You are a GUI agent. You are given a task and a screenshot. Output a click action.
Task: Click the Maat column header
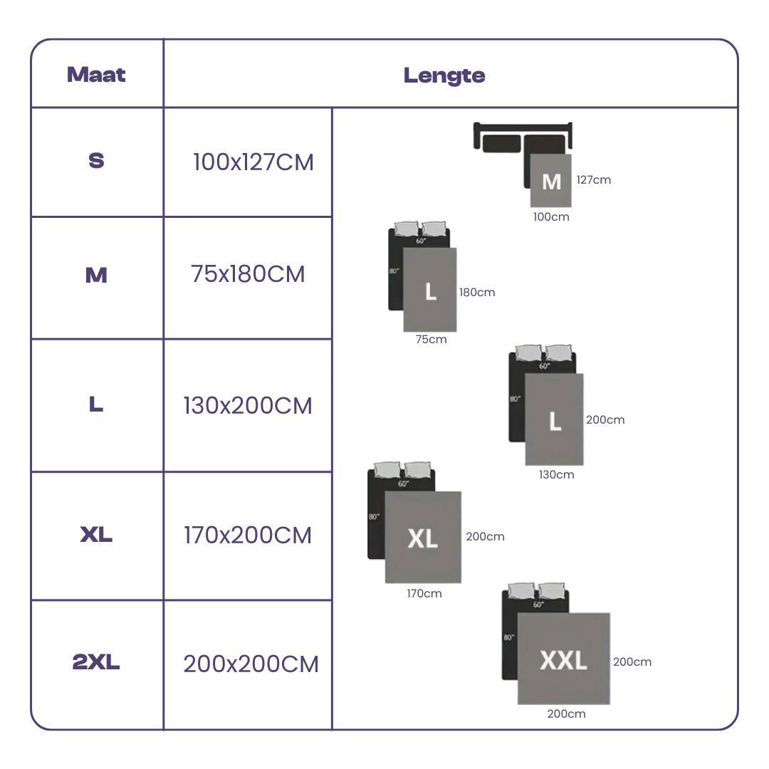click(x=96, y=75)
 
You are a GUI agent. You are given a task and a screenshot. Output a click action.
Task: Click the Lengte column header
click(x=444, y=75)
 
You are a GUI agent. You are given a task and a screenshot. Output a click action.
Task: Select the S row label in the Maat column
click(x=96, y=161)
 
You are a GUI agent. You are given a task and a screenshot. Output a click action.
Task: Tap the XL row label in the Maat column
click(x=96, y=535)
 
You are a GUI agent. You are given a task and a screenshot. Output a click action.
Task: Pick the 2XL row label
click(x=96, y=663)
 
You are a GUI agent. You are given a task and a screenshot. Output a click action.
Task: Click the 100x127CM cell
click(x=253, y=162)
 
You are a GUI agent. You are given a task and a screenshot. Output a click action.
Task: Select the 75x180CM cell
click(x=248, y=274)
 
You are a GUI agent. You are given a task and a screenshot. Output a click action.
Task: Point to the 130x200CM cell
click(x=248, y=406)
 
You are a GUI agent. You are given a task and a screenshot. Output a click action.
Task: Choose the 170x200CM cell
click(x=248, y=535)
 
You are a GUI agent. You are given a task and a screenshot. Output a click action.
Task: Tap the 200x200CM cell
click(x=251, y=664)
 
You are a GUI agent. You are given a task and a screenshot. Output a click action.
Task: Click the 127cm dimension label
click(x=594, y=180)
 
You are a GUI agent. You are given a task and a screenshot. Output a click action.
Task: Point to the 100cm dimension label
click(x=551, y=217)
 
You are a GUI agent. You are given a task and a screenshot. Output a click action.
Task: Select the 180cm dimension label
click(x=477, y=293)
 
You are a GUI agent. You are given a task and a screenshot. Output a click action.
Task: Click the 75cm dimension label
click(x=431, y=340)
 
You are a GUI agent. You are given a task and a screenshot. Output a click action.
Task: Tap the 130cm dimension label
click(x=556, y=475)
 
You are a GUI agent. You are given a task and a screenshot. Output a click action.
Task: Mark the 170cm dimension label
click(x=424, y=594)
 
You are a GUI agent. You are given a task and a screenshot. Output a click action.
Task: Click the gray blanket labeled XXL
click(x=563, y=659)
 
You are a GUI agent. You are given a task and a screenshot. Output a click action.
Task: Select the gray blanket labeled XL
click(x=423, y=538)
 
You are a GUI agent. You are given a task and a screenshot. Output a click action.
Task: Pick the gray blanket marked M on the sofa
click(x=551, y=182)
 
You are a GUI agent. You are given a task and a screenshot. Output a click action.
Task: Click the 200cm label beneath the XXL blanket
click(x=566, y=714)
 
